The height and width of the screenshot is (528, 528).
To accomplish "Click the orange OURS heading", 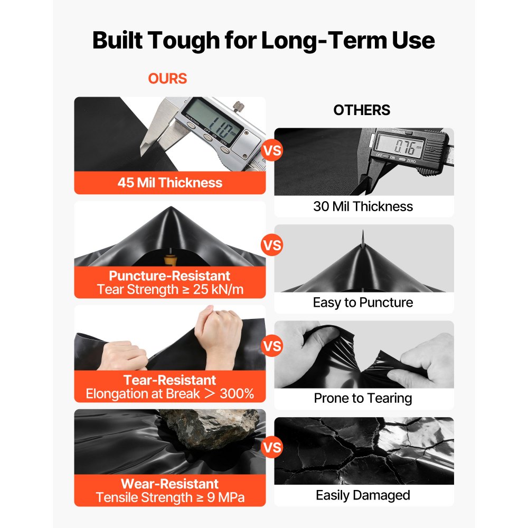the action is click(x=167, y=79).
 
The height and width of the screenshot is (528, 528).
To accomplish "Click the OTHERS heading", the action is click(x=362, y=110).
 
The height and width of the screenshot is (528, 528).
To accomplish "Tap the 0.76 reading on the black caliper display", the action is click(x=404, y=146).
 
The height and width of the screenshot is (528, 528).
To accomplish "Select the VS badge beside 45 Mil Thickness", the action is click(x=272, y=150).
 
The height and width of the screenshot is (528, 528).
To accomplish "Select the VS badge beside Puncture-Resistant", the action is click(x=272, y=245).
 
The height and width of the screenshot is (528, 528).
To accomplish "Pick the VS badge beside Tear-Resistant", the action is click(x=272, y=346).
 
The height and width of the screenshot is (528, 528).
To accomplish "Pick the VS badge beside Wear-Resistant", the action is click(x=272, y=448).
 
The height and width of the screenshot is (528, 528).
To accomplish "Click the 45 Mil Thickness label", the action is click(x=169, y=183).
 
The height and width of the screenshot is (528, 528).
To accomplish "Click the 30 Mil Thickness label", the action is click(x=363, y=206).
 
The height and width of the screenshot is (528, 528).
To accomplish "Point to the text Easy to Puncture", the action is click(x=363, y=303).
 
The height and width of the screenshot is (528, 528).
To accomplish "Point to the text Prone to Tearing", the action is click(x=363, y=398).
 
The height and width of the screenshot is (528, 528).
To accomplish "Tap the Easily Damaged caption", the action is click(x=363, y=495).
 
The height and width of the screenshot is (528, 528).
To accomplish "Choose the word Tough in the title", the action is click(x=184, y=41).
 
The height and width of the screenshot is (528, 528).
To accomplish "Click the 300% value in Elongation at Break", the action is click(x=237, y=394).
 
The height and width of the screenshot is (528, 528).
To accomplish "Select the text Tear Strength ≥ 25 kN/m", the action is click(x=170, y=289).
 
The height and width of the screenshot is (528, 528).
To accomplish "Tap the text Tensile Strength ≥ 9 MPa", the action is click(x=170, y=497).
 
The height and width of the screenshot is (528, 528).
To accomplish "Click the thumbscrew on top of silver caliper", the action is click(x=238, y=106).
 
